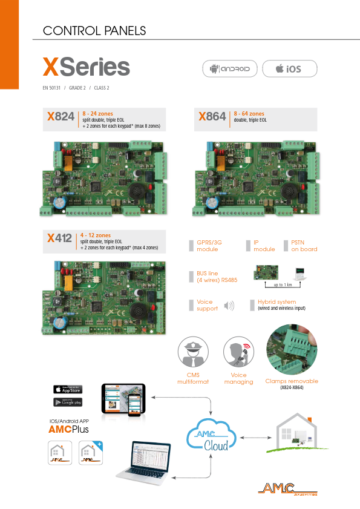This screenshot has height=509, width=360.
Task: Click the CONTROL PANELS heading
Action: pos(94,30)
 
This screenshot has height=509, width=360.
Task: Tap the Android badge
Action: pos(230,69)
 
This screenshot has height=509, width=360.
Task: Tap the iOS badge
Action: pos(289,69)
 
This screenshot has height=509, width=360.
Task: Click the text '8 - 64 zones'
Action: pos(249,114)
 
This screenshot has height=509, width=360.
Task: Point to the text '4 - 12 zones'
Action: pos(96,235)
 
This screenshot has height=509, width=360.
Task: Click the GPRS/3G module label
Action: pos(207,246)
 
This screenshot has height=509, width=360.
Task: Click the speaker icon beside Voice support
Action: pos(229,306)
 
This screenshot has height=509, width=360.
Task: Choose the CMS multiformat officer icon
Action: pos(192,353)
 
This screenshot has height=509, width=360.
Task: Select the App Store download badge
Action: pos(68,389)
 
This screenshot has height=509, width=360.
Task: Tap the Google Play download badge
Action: pos(68,402)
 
